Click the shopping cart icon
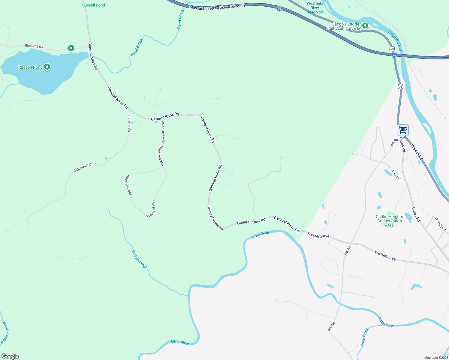402,130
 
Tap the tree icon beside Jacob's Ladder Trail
365,25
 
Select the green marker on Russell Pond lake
47,67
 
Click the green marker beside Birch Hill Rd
71,48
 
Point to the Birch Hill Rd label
34,46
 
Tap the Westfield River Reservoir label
315,8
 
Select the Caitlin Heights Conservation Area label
389,221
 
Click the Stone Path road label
396,175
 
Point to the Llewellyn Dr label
441,224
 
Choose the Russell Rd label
416,152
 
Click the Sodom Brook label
140,259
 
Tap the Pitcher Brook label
5,332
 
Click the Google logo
10,356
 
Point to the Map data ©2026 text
436,358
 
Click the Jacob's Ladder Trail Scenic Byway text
343,26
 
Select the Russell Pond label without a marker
93,5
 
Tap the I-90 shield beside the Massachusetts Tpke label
279,9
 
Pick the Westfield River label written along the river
395,41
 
